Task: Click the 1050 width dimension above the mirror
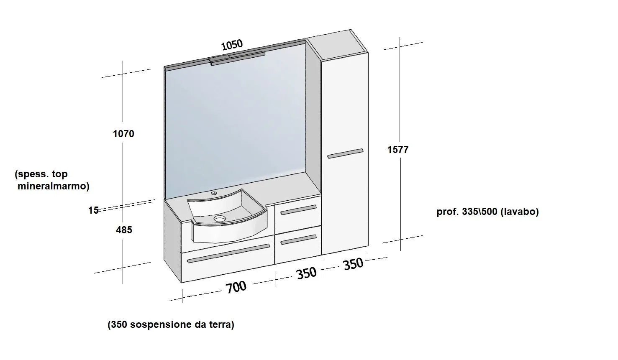232,45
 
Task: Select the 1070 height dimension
123,134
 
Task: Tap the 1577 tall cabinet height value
398,150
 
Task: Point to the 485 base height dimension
124,230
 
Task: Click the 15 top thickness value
94,210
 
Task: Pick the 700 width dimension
236,287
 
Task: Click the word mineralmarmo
54,186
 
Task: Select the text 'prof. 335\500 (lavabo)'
487,212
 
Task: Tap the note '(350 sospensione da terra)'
171,325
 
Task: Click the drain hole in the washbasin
220,219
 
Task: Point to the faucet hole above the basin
214,193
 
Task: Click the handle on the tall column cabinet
346,153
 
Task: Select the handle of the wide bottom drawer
228,253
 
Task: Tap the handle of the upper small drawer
298,210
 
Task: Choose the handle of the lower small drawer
298,240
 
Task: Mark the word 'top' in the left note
59,174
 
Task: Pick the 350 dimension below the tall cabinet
353,264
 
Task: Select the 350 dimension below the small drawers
306,273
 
